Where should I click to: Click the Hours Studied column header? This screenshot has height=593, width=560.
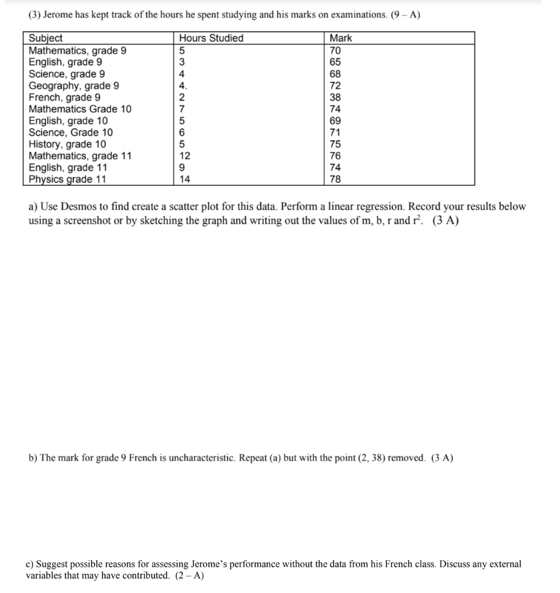[211, 38]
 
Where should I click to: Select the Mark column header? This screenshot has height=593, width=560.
[341, 38]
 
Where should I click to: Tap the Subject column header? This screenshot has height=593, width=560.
[46, 38]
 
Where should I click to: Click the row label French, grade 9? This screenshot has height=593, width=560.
[64, 97]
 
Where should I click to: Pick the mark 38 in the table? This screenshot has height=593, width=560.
[335, 97]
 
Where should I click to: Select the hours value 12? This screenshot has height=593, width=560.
[185, 156]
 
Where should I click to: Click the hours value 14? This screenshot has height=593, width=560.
[185, 180]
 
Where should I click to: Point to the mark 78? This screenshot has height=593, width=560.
[335, 180]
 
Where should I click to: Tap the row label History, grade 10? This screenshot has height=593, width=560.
[68, 144]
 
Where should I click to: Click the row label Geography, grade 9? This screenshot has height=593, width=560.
[74, 86]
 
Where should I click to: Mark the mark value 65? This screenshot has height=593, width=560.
[335, 62]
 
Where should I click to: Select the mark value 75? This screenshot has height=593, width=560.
[335, 144]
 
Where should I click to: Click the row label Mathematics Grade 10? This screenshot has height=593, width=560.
[80, 109]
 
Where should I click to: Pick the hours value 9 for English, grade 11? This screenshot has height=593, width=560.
[182, 168]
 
